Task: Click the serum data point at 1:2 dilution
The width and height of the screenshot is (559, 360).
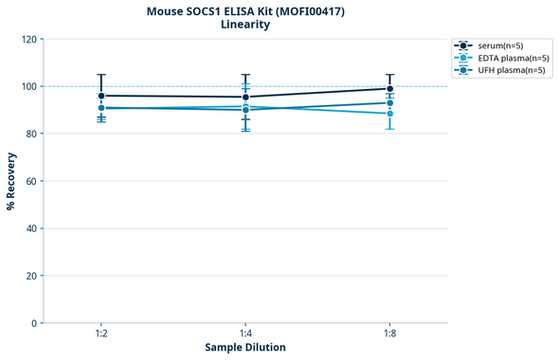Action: pos(101,96)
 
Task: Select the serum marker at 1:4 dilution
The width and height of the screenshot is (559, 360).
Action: pos(245,97)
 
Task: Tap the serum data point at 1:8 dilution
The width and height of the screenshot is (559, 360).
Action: pos(390,89)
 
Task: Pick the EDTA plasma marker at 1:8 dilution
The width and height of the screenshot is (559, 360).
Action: pos(390,114)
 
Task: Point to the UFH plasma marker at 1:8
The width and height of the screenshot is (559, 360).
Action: pos(390,103)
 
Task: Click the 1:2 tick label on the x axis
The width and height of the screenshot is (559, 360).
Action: pos(101,333)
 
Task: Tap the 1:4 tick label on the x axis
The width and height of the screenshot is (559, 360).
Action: pos(245,333)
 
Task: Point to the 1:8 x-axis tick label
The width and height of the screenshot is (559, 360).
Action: pos(390,333)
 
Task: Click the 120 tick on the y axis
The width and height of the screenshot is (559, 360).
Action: pos(29,39)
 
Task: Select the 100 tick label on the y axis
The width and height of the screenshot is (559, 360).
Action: pos(29,86)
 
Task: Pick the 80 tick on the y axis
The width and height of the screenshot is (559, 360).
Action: pos(32,134)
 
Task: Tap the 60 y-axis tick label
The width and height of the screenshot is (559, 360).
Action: pos(32,181)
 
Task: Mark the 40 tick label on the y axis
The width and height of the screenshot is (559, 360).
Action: pos(32,228)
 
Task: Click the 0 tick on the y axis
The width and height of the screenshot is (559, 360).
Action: pos(35,323)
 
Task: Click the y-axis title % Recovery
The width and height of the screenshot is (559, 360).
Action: pos(11,181)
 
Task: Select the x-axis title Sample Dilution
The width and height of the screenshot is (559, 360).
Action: pos(245,348)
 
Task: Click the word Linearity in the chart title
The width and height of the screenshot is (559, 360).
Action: pos(245,25)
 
